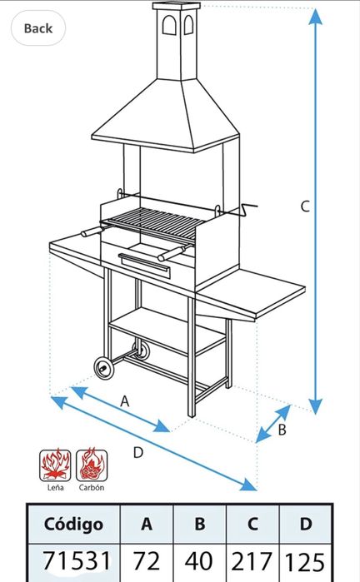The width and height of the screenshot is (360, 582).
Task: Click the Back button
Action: click(38, 28)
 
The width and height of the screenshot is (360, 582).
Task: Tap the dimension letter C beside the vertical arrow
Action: click(305, 206)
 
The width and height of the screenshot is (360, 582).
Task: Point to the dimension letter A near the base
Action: click(125, 401)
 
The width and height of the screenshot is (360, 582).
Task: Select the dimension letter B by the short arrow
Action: click(282, 430)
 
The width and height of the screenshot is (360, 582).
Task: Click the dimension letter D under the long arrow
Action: click(137, 452)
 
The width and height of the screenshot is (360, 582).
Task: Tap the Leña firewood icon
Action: click(55, 465)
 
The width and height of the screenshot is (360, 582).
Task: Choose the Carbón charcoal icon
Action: click(92, 465)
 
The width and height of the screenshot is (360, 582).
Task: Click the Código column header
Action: click(73, 524)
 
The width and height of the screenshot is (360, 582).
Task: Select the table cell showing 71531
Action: click(76, 561)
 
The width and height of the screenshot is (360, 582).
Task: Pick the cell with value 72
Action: click(147, 561)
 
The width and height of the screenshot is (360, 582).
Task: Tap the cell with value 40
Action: click(199, 561)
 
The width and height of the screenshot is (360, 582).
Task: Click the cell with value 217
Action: click(252, 561)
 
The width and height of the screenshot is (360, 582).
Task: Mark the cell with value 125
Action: click(305, 561)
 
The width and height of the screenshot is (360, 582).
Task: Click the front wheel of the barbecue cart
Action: click(103, 368)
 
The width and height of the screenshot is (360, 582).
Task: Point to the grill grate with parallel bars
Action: click(153, 222)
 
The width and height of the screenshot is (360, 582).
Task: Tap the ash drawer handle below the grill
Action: click(144, 261)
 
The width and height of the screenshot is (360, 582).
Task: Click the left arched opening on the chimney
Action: click(169, 25)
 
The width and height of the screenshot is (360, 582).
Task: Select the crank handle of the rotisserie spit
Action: click(247, 210)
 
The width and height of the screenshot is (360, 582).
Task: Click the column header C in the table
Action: click(252, 524)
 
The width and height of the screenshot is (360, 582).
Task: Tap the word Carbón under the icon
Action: click(92, 487)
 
